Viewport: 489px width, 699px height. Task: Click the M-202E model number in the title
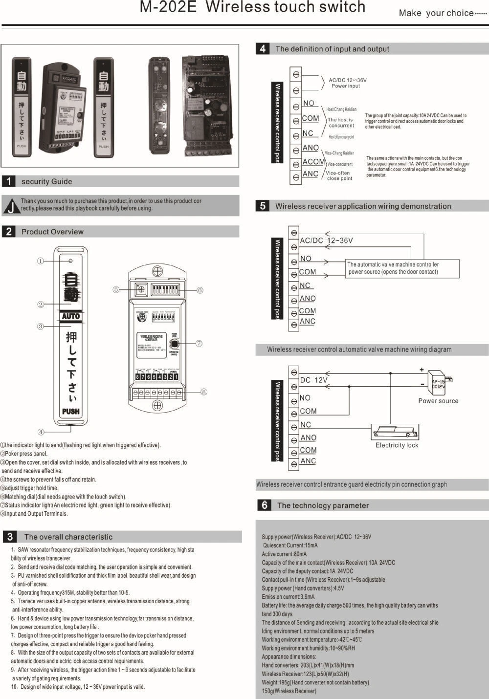pos(169,7)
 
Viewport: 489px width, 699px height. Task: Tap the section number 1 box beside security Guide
pos(8,181)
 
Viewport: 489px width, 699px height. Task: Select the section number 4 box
pos(263,49)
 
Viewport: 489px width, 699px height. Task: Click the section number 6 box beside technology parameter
pos(264,505)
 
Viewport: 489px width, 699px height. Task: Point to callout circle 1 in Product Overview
pos(41,261)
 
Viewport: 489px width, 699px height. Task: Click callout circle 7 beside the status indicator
pos(199,344)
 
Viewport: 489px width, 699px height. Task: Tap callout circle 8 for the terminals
pos(204,392)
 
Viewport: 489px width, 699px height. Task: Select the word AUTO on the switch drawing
pos(71,316)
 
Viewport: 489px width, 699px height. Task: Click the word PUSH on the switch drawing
pos(71,411)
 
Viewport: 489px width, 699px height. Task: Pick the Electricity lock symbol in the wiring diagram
pos(395,433)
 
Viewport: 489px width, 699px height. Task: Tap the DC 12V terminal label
pos(313,380)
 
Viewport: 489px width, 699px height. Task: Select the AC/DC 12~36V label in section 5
pos(326,240)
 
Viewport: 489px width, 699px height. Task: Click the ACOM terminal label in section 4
pos(313,162)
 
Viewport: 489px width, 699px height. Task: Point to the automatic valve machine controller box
pos(402,268)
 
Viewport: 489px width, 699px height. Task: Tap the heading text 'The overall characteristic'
pos(68,537)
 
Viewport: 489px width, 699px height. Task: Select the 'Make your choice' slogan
pos(442,13)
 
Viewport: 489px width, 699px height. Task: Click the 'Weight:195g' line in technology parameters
pos(315,682)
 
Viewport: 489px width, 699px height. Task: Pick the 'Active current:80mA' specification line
pos(284,554)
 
